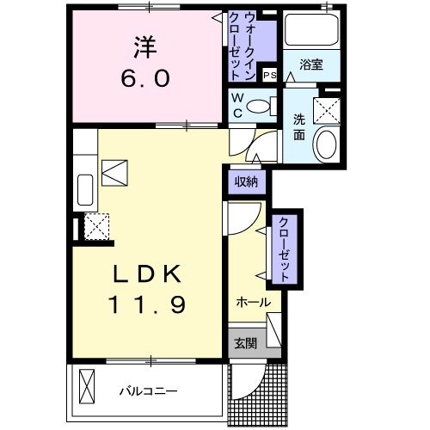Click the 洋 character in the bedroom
point(143,45)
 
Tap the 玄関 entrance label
point(245,343)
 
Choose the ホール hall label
point(253,303)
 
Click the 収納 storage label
point(247,181)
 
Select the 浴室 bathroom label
point(310,64)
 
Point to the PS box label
point(269,75)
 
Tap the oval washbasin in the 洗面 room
point(326,144)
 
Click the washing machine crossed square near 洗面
point(326,108)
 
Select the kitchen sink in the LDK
point(86,190)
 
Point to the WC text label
point(236,106)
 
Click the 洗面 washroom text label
point(298,127)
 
